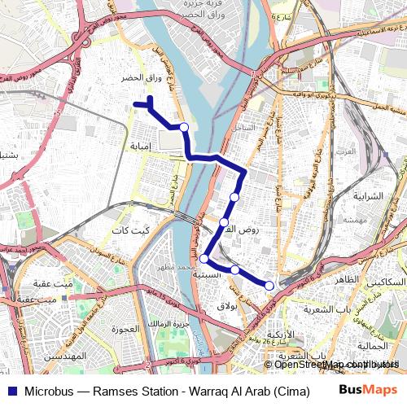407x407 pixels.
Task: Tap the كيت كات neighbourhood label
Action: [130, 231]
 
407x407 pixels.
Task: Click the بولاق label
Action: [226, 305]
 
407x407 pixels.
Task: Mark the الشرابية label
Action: [374, 197]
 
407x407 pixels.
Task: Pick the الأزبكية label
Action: [281, 335]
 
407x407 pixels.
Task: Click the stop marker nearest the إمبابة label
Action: [184, 127]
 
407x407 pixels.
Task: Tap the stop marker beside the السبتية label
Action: [203, 260]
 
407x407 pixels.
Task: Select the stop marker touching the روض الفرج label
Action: [224, 221]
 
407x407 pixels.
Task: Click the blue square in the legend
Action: [11, 390]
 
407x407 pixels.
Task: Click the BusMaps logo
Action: [369, 390]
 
